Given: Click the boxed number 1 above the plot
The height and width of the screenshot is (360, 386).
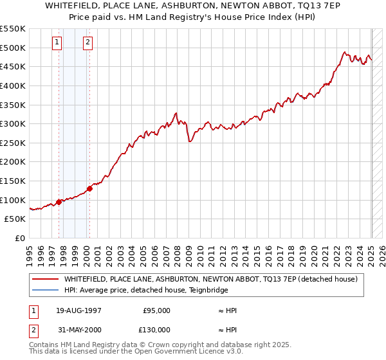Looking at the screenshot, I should [57, 43].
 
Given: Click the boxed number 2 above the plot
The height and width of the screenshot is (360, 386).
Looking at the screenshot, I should [87, 43].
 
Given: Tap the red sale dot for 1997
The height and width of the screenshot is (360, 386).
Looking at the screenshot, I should [59, 202].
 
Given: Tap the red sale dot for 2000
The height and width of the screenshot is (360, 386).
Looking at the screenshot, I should [89, 188].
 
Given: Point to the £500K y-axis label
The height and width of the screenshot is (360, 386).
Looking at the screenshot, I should [13, 48].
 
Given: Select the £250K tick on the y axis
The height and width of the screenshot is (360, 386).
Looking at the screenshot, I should [13, 143].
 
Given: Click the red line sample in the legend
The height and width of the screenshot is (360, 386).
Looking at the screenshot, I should [45, 279].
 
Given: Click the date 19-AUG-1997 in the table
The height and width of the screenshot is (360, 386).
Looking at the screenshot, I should [78, 310].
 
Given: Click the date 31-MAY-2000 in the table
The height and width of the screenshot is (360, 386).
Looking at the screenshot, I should [78, 330].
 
